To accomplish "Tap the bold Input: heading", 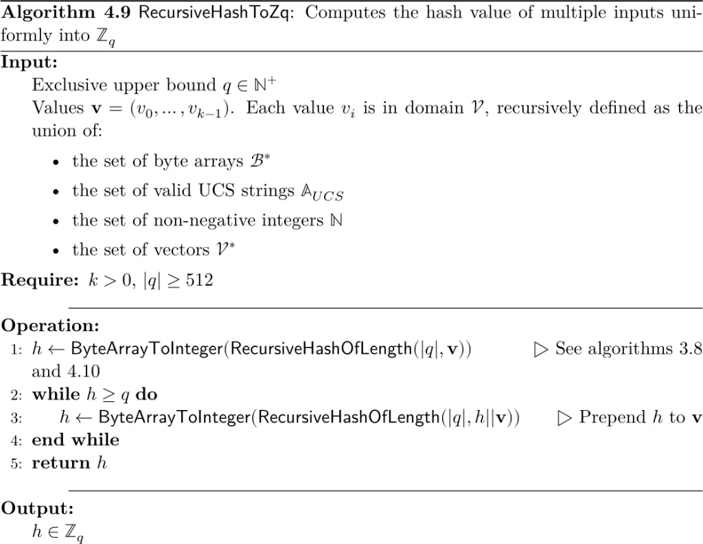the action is pos(30,62).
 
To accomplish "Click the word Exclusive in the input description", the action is pos(65,85).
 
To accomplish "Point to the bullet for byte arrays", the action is pos(56,162).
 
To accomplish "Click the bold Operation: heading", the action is pos(50,325).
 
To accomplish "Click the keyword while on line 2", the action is pos(55,394).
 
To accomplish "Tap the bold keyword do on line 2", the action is pos(146,394).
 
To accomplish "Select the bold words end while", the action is pos(76,440).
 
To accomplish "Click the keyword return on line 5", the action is pos(61,463).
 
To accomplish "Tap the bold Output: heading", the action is pos(37,508).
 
